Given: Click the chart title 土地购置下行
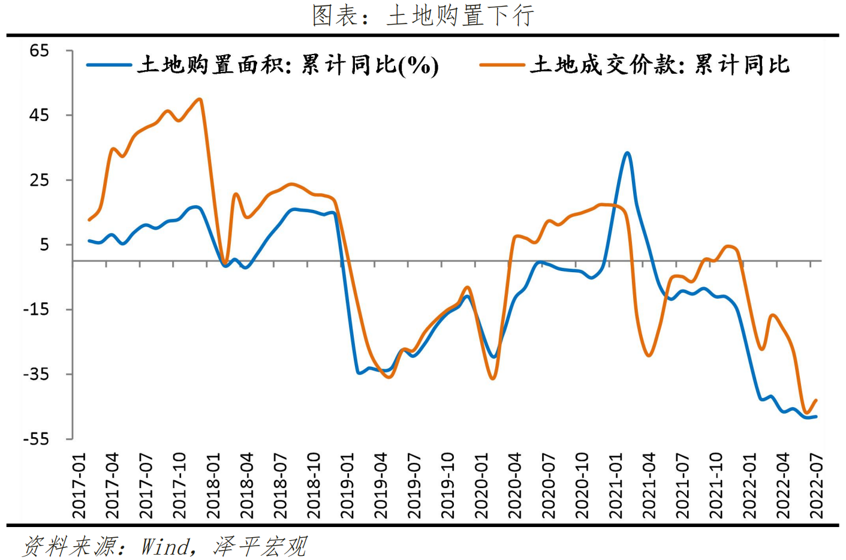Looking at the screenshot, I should click(x=423, y=15).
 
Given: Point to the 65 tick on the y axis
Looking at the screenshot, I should click(x=39, y=50).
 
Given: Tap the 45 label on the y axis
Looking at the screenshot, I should click(x=39, y=115).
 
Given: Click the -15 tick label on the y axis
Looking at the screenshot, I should click(x=36, y=309).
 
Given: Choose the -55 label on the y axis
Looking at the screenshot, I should click(x=36, y=439).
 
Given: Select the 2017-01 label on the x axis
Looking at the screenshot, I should click(x=79, y=486).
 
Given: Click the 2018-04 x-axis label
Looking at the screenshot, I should click(x=247, y=486).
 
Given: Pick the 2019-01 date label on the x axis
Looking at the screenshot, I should click(x=348, y=486).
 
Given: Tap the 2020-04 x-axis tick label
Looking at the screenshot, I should click(x=515, y=486).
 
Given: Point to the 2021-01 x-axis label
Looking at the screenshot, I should click(x=616, y=486).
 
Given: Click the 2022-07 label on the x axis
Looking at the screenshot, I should click(x=817, y=486).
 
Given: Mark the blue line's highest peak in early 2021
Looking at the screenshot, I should click(x=627, y=153).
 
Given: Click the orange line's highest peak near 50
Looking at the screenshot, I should click(x=200, y=99).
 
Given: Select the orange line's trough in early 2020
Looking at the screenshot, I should click(x=493, y=378).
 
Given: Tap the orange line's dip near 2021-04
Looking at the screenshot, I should click(x=649, y=356).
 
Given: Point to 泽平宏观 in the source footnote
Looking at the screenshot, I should click(x=260, y=546).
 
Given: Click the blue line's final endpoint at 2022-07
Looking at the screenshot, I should click(x=816, y=416).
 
